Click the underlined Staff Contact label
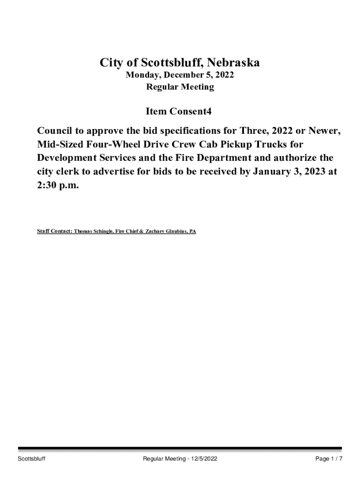(x=54, y=232)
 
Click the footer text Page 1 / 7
(x=329, y=459)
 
